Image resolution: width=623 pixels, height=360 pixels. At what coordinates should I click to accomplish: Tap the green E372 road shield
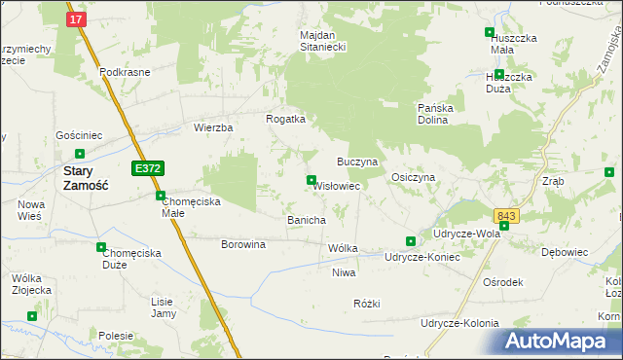pyautogui.click(x=148, y=168)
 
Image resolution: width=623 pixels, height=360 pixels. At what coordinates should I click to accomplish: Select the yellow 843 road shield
pyautogui.click(x=506, y=216)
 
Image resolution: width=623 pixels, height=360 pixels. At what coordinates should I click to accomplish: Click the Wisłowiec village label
pyautogui.click(x=337, y=185)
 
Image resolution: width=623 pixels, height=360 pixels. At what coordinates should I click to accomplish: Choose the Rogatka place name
pyautogui.click(x=286, y=119)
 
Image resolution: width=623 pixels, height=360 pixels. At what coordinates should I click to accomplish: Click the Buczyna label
pyautogui.click(x=356, y=160)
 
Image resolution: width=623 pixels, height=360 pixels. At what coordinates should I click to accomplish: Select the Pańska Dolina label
pyautogui.click(x=445, y=113)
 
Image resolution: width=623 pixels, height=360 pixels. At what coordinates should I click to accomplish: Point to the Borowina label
pyautogui.click(x=243, y=244)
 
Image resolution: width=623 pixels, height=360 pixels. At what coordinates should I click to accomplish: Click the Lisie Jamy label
pyautogui.click(x=162, y=307)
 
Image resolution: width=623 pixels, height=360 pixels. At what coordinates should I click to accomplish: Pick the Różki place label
pyautogui.click(x=366, y=304)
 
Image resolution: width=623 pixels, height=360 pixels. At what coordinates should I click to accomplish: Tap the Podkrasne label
pyautogui.click(x=125, y=73)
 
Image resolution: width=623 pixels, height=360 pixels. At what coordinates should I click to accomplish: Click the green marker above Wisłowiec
pyautogui.click(x=311, y=179)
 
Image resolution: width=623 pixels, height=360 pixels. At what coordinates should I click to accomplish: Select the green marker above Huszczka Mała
pyautogui.click(x=490, y=32)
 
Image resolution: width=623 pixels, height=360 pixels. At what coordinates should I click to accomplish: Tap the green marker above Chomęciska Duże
pyautogui.click(x=101, y=247)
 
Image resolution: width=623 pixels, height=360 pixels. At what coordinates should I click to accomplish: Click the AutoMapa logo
pyautogui.click(x=561, y=342)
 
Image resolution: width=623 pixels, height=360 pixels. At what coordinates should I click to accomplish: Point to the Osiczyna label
pyautogui.click(x=412, y=177)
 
